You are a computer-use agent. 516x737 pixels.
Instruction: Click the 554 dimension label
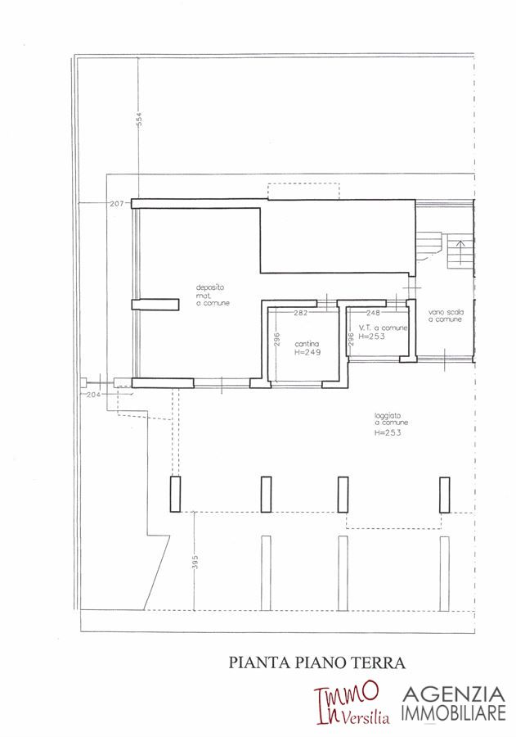point(138,120)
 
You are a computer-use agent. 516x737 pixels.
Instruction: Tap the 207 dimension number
point(116,204)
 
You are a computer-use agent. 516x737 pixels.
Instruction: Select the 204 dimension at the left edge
point(94,395)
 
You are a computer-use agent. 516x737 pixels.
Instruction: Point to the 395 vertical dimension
point(195,562)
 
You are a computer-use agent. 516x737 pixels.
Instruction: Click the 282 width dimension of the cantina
point(300,313)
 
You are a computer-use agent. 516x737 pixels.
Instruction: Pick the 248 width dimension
point(373,313)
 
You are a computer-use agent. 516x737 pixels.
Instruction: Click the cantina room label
point(307,344)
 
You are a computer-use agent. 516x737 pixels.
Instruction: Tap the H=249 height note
point(307,352)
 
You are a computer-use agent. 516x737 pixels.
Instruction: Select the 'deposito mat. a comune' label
point(213,295)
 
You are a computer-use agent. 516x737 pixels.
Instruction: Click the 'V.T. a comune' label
point(384,328)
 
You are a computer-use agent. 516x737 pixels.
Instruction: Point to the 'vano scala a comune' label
point(446,315)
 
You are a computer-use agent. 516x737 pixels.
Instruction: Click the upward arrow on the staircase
point(460,252)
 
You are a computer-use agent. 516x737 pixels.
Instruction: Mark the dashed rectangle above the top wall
point(303,192)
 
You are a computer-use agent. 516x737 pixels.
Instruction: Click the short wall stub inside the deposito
point(155,305)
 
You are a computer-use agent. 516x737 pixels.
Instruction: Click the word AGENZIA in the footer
point(454,694)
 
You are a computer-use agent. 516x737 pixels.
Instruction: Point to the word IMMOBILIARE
point(454,712)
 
